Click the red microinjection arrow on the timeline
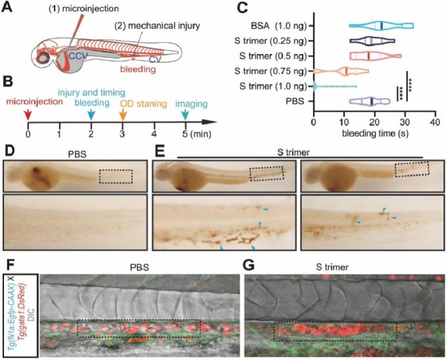click(28, 115)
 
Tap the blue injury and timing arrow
click(91, 115)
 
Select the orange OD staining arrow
click(122, 115)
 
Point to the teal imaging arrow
click(186, 115)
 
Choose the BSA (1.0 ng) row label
click(278, 26)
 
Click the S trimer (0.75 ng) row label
click(271, 71)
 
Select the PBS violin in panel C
click(370, 101)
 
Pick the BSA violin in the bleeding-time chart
click(382, 26)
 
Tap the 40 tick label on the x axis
click(435, 122)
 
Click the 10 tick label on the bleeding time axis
click(344, 122)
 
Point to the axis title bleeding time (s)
click(375, 133)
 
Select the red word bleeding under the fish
click(138, 69)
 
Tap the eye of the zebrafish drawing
click(44, 58)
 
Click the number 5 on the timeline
click(186, 133)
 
